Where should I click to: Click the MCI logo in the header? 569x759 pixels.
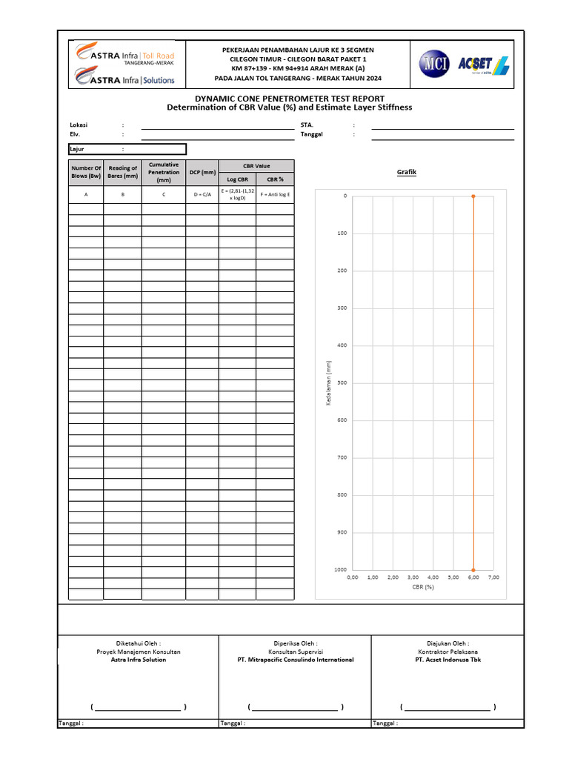tap(433, 64)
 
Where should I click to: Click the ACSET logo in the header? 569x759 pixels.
tap(484, 64)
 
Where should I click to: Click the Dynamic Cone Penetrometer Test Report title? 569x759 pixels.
tap(289, 98)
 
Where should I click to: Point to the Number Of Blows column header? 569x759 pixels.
tap(86, 172)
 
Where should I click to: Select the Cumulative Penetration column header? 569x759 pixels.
tap(164, 172)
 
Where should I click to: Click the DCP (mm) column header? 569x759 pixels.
tap(202, 172)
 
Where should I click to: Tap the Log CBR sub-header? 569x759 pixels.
tap(237, 179)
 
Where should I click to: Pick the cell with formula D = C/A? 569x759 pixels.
tap(202, 194)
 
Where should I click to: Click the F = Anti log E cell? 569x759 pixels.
tap(276, 194)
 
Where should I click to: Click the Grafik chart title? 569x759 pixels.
tap(407, 172)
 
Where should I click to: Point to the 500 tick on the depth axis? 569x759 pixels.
tap(342, 382)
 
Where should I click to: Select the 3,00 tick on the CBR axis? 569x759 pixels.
tap(413, 577)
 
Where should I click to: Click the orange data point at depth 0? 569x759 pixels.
tap(473, 196)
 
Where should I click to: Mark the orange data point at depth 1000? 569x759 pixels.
tap(473, 569)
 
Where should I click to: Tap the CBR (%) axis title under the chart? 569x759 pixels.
tap(422, 586)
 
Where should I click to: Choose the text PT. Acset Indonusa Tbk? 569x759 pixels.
tap(447, 660)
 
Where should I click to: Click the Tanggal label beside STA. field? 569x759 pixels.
tap(313, 134)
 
